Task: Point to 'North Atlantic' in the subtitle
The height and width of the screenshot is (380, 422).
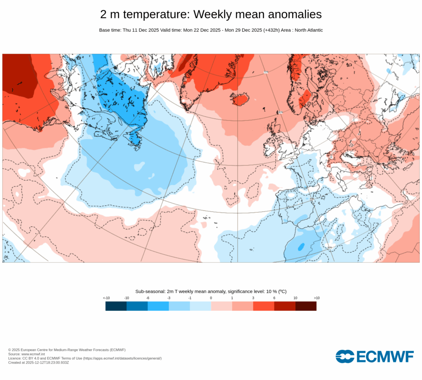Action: pyautogui.click(x=308, y=30)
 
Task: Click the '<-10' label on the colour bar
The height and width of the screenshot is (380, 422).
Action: pyautogui.click(x=106, y=298)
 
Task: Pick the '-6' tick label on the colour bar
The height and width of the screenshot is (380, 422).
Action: pyautogui.click(x=148, y=298)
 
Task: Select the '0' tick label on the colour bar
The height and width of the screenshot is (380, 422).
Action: pyautogui.click(x=211, y=298)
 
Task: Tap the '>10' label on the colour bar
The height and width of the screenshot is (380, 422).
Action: pyautogui.click(x=316, y=298)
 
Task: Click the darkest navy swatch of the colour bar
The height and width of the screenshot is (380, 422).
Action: pyautogui.click(x=116, y=306)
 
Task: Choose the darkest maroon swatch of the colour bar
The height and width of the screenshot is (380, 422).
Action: pyautogui.click(x=306, y=306)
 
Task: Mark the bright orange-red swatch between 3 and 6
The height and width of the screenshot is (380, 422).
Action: pyautogui.click(x=263, y=306)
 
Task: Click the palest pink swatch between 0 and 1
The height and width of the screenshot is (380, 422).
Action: pyautogui.click(x=221, y=306)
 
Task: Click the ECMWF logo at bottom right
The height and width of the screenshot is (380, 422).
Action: pyautogui.click(x=374, y=357)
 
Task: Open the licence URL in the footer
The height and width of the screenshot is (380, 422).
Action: pyautogui.click(x=122, y=358)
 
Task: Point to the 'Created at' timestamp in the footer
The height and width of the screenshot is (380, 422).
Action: pyautogui.click(x=39, y=363)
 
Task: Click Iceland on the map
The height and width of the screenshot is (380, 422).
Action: pyautogui.click(x=240, y=99)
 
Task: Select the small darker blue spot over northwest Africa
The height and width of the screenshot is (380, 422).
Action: pyautogui.click(x=301, y=246)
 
